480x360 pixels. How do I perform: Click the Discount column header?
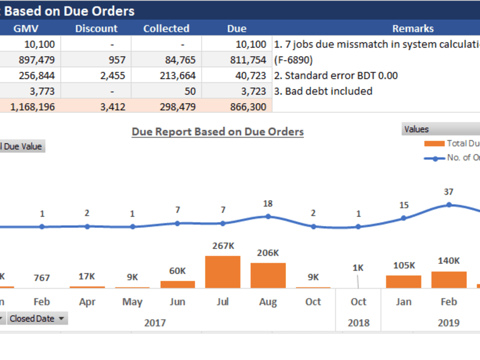[x=96, y=28]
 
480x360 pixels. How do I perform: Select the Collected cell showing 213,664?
[x=166, y=75]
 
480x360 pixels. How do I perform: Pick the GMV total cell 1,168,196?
[x=30, y=107]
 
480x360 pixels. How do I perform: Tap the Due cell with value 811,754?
[x=237, y=60]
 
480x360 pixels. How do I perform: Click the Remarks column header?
[x=412, y=28]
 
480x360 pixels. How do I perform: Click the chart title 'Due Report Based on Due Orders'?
[x=217, y=132]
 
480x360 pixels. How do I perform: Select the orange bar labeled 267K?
[x=223, y=272]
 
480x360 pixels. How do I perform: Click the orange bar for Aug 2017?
[x=268, y=275]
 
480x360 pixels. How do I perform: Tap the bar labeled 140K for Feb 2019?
[x=449, y=279]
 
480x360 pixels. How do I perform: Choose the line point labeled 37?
[x=449, y=204]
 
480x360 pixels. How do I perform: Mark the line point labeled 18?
[x=268, y=216]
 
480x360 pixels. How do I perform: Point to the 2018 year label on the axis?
[x=358, y=323]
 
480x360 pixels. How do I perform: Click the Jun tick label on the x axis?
[x=178, y=302]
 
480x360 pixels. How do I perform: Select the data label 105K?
[x=404, y=265]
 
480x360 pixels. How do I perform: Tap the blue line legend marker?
[x=435, y=158]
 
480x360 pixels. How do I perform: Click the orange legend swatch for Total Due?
[x=434, y=143]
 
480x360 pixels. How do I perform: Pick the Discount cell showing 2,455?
[x=96, y=75]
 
